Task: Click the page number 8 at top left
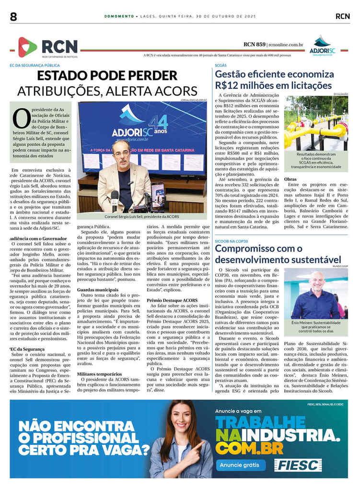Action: click(x=13, y=16)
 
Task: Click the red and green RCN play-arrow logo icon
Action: click(x=27, y=47)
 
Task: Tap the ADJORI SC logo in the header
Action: click(x=322, y=46)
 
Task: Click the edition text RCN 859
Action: click(x=255, y=45)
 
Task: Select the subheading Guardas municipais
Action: click(x=98, y=290)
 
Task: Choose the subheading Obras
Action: click(x=290, y=179)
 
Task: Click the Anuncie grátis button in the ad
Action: click(x=241, y=465)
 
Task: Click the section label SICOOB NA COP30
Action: click(x=234, y=239)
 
